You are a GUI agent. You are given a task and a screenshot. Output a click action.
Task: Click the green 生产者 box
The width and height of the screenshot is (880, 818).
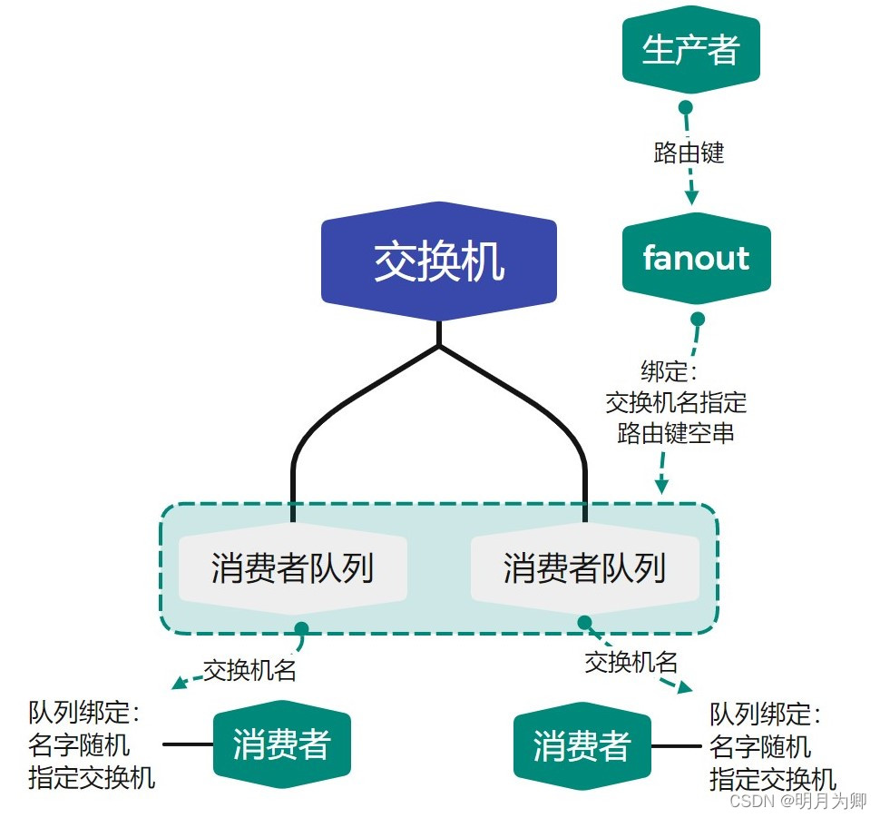[x=689, y=51]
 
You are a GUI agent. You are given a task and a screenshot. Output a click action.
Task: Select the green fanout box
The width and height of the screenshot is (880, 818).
[x=696, y=259]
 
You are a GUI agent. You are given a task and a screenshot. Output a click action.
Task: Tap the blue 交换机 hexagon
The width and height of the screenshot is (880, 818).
[x=439, y=262]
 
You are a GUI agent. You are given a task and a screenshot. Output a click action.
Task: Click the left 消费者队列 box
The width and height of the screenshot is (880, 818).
[x=292, y=569]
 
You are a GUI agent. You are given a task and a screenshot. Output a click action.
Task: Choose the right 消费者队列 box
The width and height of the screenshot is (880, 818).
[x=584, y=569]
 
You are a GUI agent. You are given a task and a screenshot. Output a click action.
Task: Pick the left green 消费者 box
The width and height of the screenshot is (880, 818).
[x=281, y=745]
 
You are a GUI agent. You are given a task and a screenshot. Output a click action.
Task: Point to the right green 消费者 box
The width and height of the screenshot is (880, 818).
[x=582, y=747]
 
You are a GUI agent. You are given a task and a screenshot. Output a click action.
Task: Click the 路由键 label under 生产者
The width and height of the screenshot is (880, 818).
[x=689, y=153]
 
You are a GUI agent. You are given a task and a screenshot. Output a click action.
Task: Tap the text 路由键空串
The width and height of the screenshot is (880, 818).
[x=676, y=433]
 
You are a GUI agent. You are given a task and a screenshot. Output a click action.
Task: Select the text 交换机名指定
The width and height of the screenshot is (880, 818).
[x=676, y=402]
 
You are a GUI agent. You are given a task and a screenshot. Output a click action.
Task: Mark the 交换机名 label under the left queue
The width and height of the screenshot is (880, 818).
[x=250, y=671]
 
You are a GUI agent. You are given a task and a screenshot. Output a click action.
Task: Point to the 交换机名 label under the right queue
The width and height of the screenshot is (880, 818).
[x=631, y=663]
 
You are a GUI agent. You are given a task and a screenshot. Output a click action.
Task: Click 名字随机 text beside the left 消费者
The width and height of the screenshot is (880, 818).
[x=79, y=745]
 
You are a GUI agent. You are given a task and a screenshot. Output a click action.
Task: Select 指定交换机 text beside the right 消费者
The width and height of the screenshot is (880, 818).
[x=773, y=779]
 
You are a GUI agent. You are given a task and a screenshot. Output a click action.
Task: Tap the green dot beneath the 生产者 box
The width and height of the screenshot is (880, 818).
[x=686, y=107]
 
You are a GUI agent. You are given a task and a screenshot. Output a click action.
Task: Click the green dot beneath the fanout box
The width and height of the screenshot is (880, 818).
[x=698, y=320]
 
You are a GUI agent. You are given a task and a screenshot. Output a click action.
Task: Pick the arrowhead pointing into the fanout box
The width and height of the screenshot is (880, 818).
[x=692, y=196]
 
